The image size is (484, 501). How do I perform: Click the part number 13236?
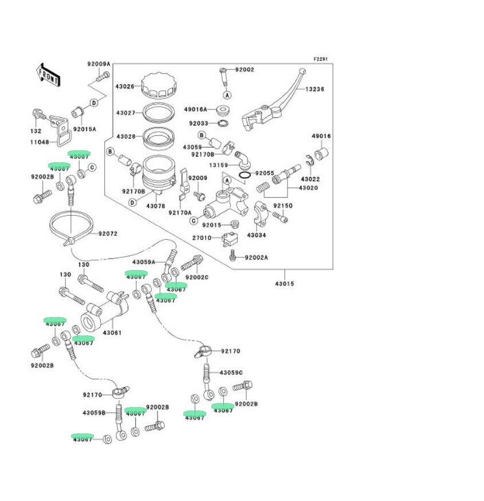pyautogui.click(x=314, y=89)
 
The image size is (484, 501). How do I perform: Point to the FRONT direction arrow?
pyautogui.click(x=48, y=75)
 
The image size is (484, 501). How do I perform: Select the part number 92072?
pyautogui.click(x=108, y=234)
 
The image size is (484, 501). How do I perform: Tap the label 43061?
pyautogui.click(x=112, y=332)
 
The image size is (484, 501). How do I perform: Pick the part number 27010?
pyautogui.click(x=202, y=238)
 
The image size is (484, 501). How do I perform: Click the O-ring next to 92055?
pyautogui.click(x=243, y=174)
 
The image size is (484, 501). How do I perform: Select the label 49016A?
pyautogui.click(x=195, y=109)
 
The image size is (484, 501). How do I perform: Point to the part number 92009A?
pyautogui.click(x=99, y=64)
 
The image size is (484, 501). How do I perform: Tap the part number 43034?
pyautogui.click(x=257, y=235)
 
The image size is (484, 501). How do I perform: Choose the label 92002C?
pyautogui.click(x=198, y=277)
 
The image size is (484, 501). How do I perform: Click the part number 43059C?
pyautogui.click(x=231, y=373)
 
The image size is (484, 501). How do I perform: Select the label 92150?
pyautogui.click(x=282, y=205)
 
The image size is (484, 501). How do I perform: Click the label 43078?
pyautogui.click(x=156, y=206)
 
